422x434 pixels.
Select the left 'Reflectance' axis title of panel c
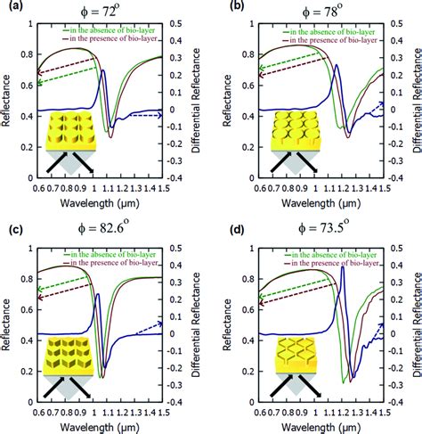pyautogui.click(x=7, y=321)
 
